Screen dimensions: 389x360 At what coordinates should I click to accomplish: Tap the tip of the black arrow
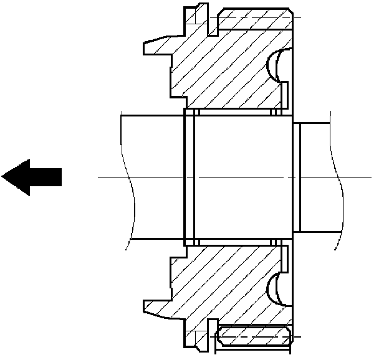4,177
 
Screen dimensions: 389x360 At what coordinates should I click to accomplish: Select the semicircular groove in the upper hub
274,65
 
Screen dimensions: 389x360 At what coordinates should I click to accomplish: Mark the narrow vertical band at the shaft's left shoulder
190,177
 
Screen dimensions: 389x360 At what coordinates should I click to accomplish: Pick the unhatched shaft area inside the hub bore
243,177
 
